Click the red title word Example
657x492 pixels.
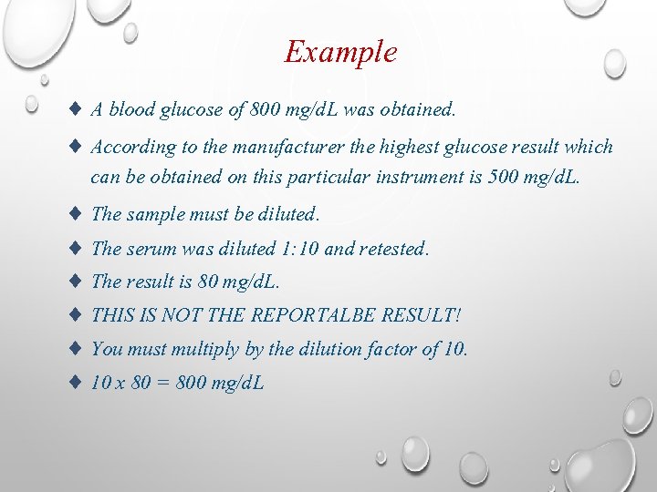point(340,52)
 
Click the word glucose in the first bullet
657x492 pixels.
point(191,110)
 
